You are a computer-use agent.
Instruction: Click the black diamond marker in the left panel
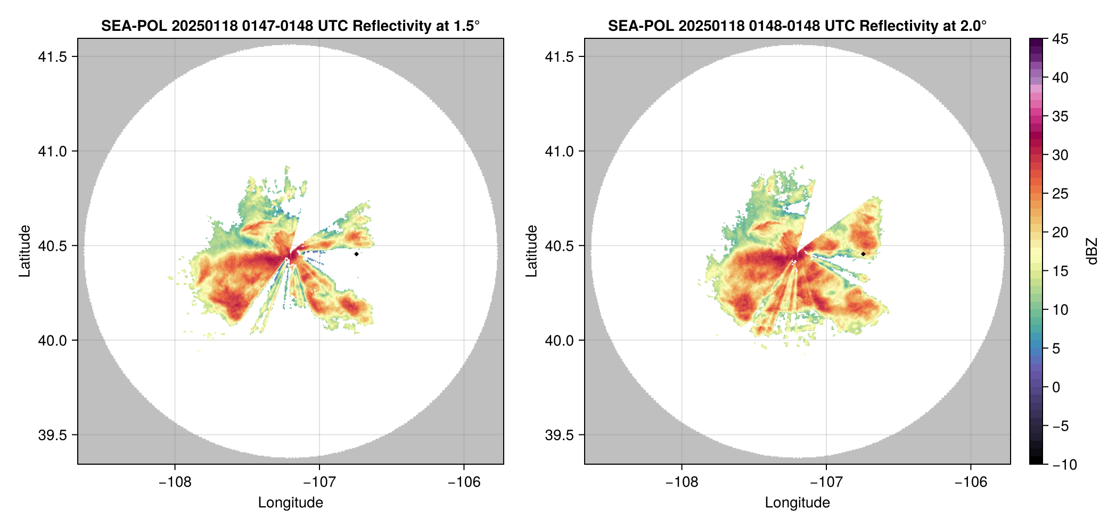(x=356, y=254)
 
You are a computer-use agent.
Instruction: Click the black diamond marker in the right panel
(x=863, y=254)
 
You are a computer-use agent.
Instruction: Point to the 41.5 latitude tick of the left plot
(x=53, y=57)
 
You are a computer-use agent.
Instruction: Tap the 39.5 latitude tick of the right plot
(x=560, y=435)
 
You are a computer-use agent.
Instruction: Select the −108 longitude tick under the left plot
(x=175, y=482)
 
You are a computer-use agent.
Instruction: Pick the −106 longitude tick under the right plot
(x=971, y=482)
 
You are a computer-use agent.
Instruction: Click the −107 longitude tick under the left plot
(x=319, y=482)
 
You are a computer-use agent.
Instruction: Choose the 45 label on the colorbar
(x=1060, y=39)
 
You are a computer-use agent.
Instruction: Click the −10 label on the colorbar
(x=1065, y=465)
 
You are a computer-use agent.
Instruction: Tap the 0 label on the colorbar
(x=1056, y=388)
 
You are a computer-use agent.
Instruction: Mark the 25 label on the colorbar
(x=1060, y=194)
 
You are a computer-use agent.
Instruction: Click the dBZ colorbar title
(x=1093, y=251)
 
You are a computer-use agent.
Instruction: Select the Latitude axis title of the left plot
(x=24, y=251)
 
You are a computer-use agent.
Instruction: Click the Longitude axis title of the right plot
(x=797, y=503)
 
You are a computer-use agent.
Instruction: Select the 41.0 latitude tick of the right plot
(x=560, y=152)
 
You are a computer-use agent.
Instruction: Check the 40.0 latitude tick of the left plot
(x=53, y=341)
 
